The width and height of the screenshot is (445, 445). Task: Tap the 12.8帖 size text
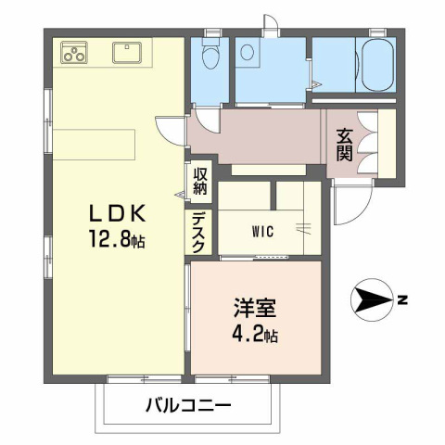coord(116,240)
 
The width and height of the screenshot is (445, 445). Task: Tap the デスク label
coord(199,231)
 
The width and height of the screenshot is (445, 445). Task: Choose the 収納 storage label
coord(199,180)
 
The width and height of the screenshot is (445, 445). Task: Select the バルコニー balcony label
coord(187,405)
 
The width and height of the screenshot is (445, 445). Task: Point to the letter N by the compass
coord(403,299)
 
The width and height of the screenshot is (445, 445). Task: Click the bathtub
coord(378,66)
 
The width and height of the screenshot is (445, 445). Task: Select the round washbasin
coord(249,53)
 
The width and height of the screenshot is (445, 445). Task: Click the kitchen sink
coord(127,52)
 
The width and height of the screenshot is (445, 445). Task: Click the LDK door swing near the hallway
coord(172,129)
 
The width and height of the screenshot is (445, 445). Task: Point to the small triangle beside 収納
coord(182,194)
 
